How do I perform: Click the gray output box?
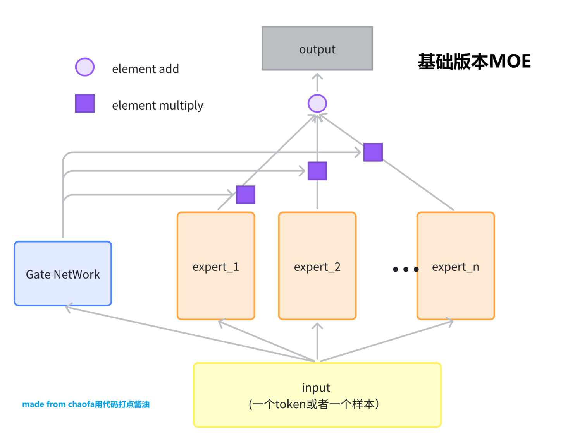317,48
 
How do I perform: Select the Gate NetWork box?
63,274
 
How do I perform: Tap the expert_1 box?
216,266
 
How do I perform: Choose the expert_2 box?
317,266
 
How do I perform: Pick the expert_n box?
456,266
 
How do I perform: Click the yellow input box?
317,395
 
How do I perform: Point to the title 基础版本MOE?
474,61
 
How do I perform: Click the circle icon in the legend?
85,67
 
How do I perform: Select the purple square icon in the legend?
85,103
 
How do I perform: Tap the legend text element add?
145,69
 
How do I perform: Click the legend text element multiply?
157,105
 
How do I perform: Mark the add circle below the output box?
317,104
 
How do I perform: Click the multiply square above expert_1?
245,195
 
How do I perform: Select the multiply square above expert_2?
317,171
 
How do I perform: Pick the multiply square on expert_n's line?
373,152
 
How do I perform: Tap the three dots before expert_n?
405,269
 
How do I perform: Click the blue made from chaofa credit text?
86,404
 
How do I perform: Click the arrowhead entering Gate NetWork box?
68,308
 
